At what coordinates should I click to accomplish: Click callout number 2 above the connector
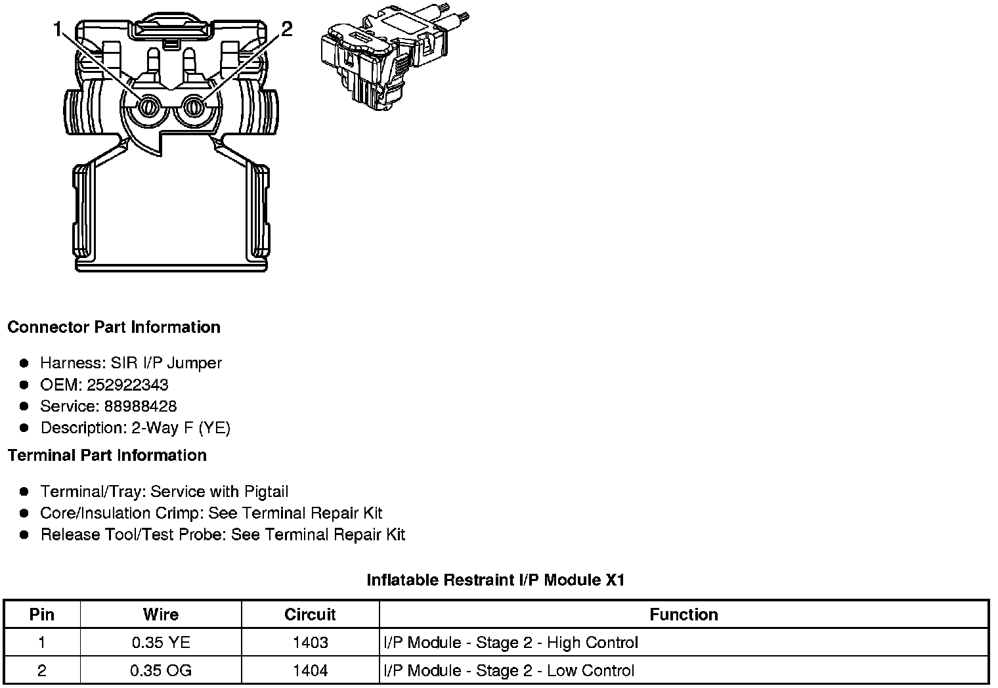coord(286,29)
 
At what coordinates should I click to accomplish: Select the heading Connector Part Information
coord(114,327)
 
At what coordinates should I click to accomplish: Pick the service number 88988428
coord(140,406)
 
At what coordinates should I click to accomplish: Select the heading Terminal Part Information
coord(107,455)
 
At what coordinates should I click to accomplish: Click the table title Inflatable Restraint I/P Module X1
coord(495,580)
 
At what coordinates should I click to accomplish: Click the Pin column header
coord(42,614)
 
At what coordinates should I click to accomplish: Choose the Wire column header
coord(161,614)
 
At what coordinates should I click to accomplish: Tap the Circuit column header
coord(310,614)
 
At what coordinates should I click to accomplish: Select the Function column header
coord(683,614)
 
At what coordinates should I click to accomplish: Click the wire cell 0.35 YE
coord(161,643)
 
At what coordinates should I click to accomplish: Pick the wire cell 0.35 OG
coord(161,670)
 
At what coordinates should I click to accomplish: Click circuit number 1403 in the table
coord(310,643)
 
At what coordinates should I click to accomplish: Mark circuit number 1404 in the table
coord(310,670)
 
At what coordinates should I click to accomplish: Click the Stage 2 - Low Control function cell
coord(509,670)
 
